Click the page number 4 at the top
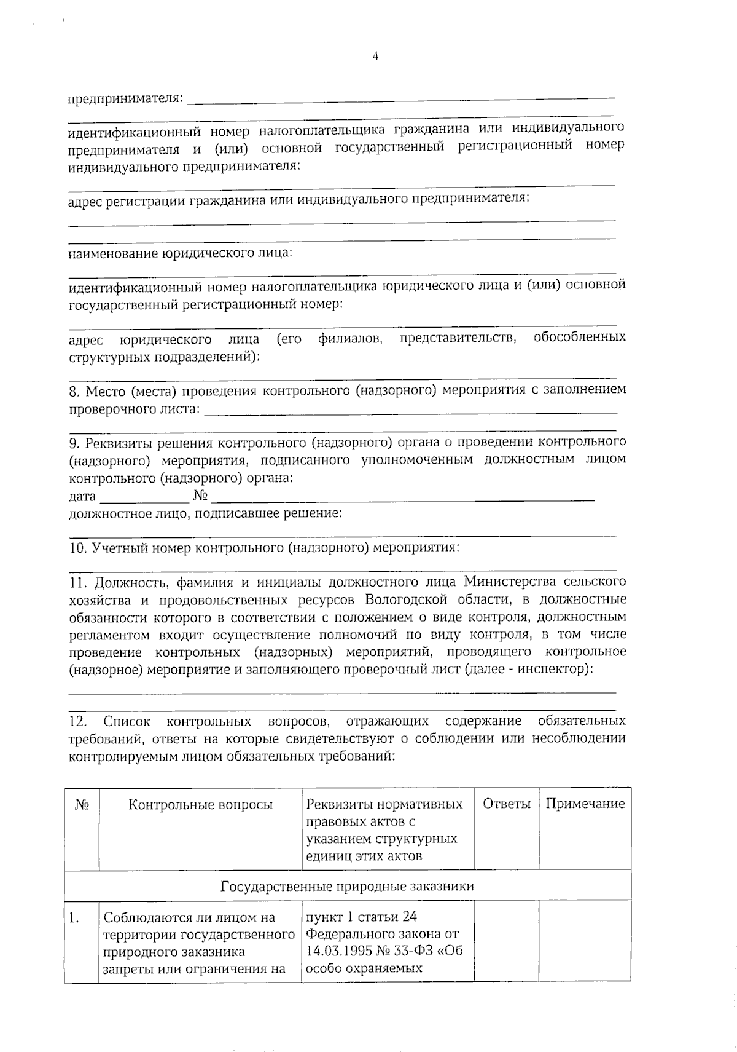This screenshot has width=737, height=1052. coord(375,57)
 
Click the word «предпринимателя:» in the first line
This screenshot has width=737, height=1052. coord(125,98)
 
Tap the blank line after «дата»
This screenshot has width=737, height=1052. coord(144,497)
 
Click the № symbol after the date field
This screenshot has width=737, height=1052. coord(200,496)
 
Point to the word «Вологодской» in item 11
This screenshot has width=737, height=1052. coord(406,599)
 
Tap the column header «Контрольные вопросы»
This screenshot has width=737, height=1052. coord(200,805)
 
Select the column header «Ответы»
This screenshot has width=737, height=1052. coord(507,804)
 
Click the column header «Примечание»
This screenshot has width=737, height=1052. coord(585,804)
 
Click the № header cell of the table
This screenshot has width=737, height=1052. coord(82,805)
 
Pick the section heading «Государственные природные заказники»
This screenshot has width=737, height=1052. coord(348,886)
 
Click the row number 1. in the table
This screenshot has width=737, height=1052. coord(74,919)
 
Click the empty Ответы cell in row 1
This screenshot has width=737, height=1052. coord(507,941)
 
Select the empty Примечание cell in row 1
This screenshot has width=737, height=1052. coord(585,941)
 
